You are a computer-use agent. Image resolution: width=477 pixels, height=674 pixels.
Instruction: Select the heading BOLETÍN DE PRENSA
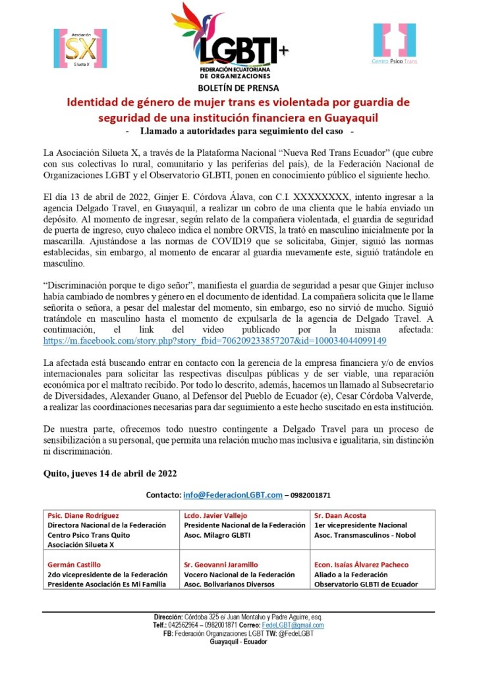coord(238,88)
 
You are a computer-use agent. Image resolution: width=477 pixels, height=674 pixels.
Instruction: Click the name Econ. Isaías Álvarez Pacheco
coord(371,565)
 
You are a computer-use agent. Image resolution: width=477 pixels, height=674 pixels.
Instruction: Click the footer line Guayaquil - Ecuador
coord(238,641)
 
